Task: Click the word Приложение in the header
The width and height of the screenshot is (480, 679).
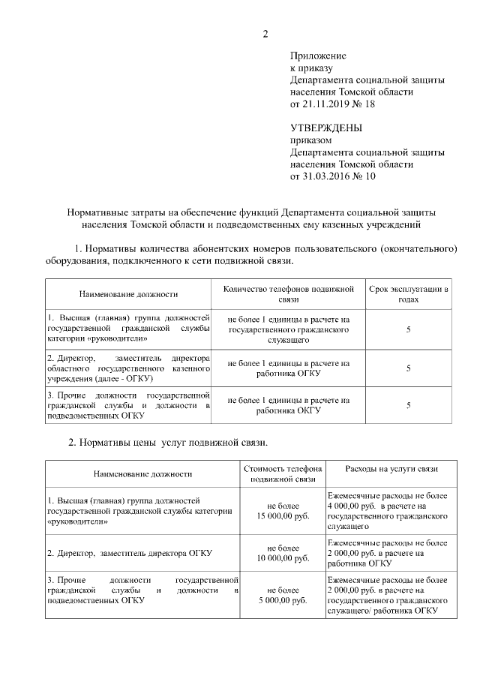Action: tap(318, 56)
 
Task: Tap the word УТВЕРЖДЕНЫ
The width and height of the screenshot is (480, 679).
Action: tap(325, 128)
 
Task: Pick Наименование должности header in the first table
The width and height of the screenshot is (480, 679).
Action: tap(128, 294)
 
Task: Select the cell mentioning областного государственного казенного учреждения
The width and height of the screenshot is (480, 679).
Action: tap(127, 368)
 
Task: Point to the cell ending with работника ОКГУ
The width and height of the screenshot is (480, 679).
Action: tap(289, 405)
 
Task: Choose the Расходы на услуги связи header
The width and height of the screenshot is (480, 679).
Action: tap(391, 469)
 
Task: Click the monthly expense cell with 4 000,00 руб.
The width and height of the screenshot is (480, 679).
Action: tap(388, 512)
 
